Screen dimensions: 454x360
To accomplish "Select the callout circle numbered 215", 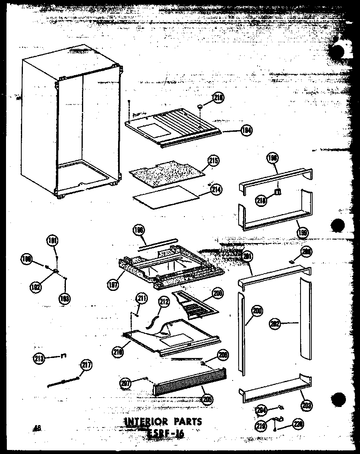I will click(213, 161).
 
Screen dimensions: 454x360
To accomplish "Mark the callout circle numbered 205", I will click(208, 399).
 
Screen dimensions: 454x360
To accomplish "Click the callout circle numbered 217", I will click(86, 365).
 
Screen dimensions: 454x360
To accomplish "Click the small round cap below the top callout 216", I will click(199, 106).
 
